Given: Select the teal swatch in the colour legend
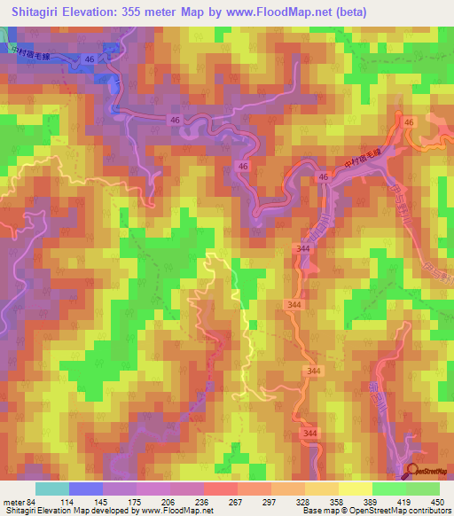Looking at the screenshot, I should [52, 489].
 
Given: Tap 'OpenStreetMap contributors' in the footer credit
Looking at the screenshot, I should [408, 511].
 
